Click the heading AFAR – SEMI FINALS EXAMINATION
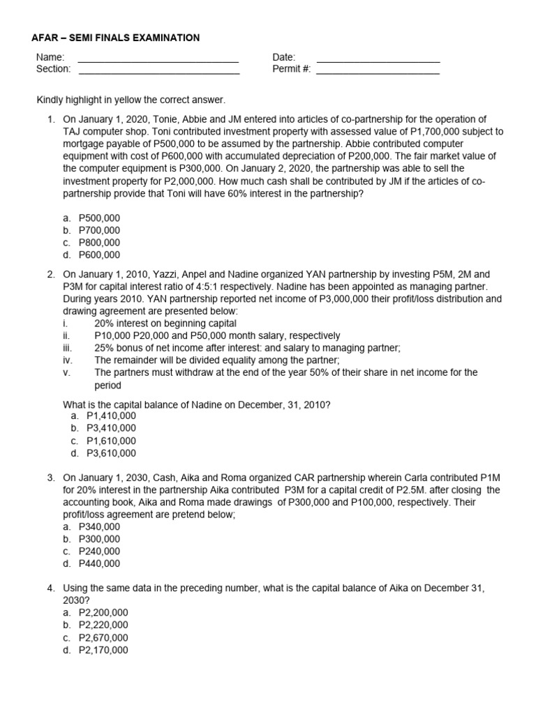pos(116,38)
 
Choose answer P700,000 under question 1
pos(99,230)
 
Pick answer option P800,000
pos(99,243)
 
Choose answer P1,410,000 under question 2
pos(111,416)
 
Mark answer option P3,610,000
pos(111,453)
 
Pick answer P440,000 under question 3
pos(99,563)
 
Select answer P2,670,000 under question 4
pos(103,637)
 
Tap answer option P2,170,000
pos(103,650)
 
